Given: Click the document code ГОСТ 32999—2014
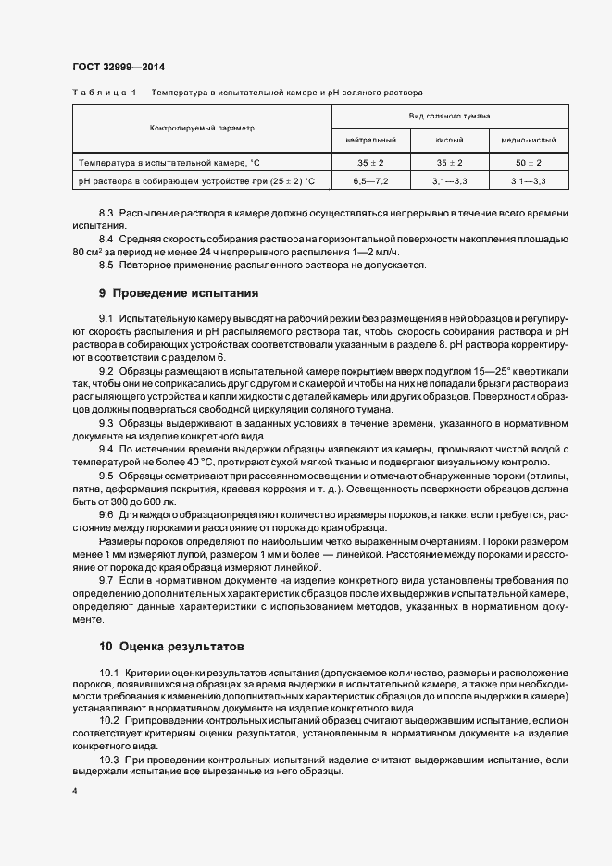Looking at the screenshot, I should [x=119, y=67].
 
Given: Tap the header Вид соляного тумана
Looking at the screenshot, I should [x=450, y=116].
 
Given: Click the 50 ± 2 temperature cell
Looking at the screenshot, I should [x=529, y=162].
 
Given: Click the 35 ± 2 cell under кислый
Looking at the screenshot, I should [x=449, y=162].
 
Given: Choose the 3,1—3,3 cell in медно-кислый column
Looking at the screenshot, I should [x=529, y=180].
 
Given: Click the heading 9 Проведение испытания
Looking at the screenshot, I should [x=179, y=294].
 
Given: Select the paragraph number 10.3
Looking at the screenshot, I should [x=108, y=759].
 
